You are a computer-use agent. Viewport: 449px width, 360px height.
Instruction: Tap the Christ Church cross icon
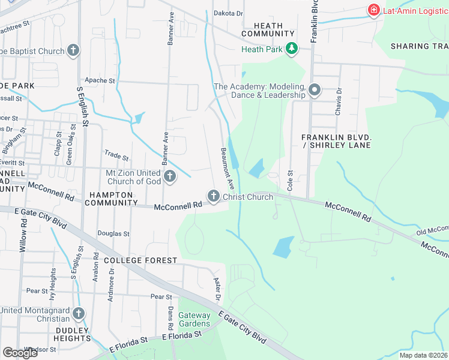click(x=213, y=196)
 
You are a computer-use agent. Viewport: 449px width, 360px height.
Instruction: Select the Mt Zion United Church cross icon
click(x=170, y=177)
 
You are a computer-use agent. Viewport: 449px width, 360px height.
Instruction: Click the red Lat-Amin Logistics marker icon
click(x=373, y=10)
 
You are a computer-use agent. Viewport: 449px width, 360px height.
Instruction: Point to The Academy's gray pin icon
click(x=315, y=91)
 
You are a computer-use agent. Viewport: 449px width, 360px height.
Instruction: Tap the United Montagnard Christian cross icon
click(x=78, y=314)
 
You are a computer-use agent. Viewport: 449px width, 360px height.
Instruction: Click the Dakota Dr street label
click(x=229, y=13)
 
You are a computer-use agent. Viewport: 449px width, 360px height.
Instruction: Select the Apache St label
click(x=100, y=80)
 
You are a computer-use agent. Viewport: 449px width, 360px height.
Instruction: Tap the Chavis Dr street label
click(x=339, y=99)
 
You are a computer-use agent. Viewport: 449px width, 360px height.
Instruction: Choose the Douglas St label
click(x=113, y=233)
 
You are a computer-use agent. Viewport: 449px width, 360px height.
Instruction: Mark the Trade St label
click(x=116, y=157)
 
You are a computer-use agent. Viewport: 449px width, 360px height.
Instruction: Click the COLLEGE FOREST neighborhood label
click(x=140, y=260)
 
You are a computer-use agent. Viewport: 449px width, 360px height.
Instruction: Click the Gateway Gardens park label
click(x=194, y=319)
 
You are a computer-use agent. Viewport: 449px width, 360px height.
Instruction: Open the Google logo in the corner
click(x=20, y=353)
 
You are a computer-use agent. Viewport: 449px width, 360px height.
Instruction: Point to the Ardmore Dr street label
click(x=112, y=281)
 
